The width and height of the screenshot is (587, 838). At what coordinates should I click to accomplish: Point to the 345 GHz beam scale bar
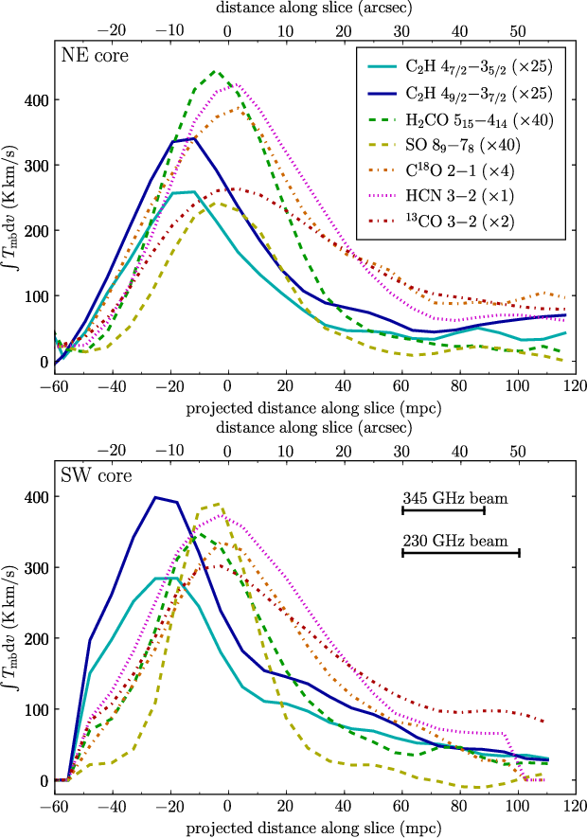coord(443,510)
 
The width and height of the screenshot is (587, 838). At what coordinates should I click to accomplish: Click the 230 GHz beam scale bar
coord(461,552)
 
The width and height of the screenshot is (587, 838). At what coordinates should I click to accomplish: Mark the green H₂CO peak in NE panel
coord(217,71)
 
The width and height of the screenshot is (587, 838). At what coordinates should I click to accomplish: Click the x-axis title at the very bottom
coord(312,826)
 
